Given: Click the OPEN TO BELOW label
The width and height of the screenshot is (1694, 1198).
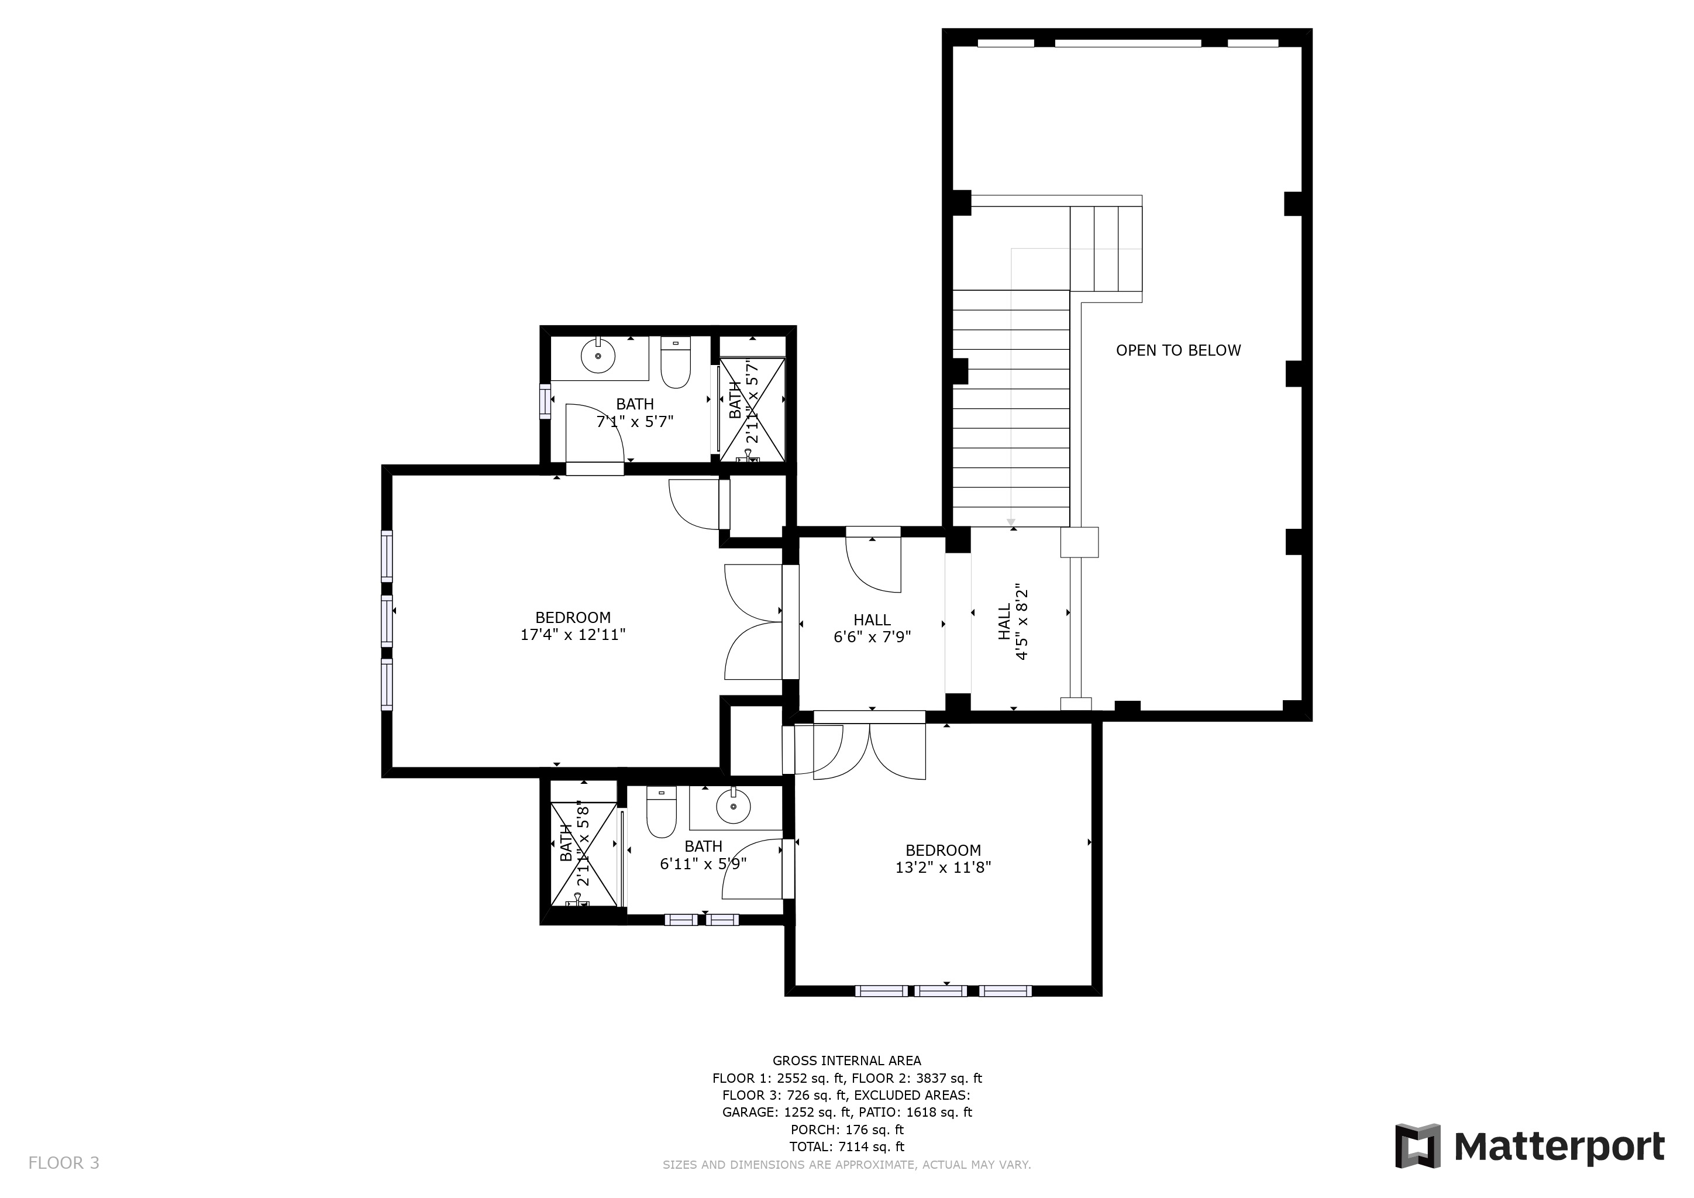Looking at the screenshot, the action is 1178,350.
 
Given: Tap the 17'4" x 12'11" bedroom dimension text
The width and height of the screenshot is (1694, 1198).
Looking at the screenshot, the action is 573,635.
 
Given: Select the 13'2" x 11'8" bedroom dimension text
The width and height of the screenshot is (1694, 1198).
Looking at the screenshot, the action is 943,867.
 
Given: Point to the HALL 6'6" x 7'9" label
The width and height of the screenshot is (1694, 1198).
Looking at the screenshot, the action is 872,628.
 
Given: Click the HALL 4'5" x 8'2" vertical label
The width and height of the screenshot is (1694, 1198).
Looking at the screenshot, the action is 1013,622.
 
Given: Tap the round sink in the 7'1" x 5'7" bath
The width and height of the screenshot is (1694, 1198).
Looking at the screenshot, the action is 598,357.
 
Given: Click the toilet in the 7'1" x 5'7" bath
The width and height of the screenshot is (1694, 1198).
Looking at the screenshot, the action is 675,363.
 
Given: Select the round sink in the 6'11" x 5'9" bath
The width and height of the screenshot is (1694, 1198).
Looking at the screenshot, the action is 734,806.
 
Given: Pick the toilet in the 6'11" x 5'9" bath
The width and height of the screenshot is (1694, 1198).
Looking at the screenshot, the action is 662,811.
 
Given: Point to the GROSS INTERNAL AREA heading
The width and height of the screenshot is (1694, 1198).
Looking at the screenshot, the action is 847,1061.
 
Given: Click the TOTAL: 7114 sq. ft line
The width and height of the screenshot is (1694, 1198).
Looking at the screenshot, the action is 847,1147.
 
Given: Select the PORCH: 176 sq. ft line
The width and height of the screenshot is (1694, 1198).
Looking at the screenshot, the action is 847,1130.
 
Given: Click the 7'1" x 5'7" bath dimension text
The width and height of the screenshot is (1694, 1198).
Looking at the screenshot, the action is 635,422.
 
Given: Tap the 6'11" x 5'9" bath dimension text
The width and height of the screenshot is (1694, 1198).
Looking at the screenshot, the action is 703,863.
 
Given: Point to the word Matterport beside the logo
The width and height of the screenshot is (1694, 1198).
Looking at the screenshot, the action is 1559,1147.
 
